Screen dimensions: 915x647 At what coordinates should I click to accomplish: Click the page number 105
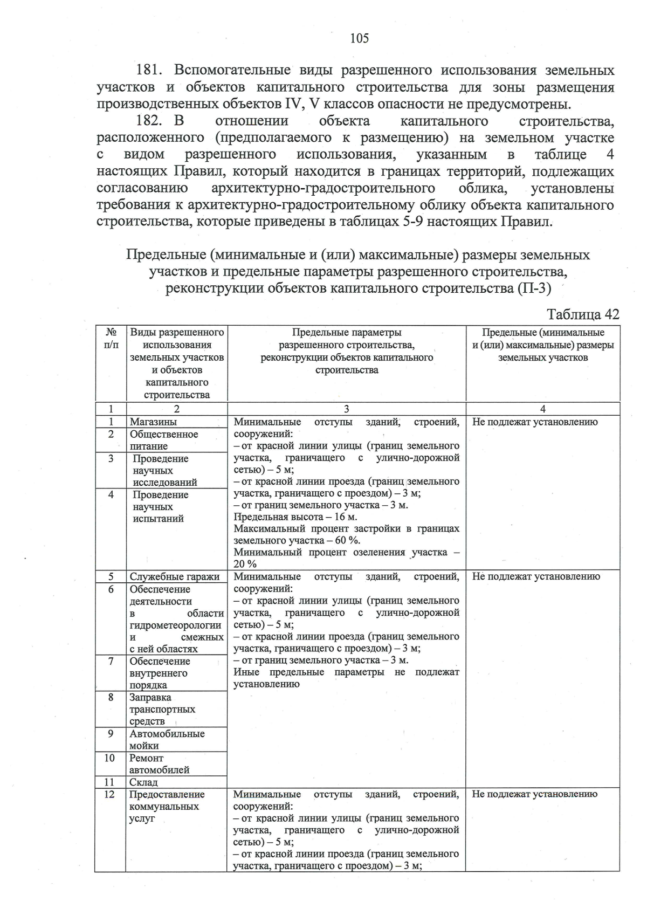(359, 38)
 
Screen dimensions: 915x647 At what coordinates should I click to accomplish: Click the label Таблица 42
(583, 314)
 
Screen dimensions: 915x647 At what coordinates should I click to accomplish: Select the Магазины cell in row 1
(153, 422)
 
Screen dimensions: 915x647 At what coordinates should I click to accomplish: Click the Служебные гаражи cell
(174, 577)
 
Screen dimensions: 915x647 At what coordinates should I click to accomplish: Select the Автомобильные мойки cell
(167, 740)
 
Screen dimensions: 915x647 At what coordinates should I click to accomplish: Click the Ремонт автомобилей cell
(159, 764)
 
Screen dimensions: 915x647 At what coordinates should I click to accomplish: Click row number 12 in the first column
(109, 795)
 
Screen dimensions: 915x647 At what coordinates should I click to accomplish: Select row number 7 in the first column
(111, 662)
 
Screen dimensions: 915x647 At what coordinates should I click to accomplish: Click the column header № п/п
(111, 339)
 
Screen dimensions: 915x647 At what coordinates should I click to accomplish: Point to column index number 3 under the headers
(346, 409)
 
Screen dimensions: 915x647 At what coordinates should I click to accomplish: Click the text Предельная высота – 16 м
(295, 517)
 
